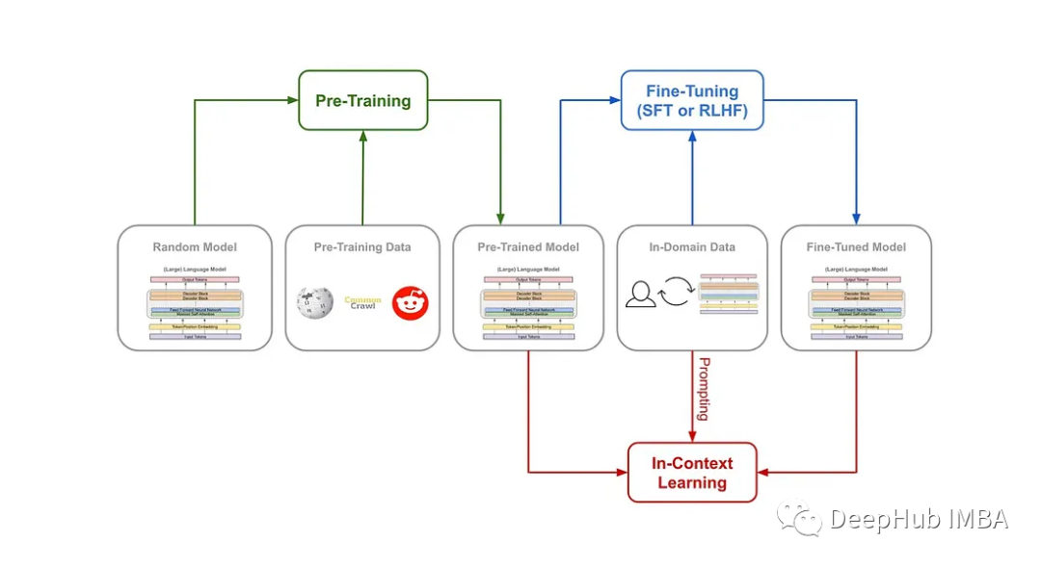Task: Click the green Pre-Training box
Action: click(x=362, y=100)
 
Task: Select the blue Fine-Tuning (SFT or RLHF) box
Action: click(x=691, y=101)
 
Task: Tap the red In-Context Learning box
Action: click(x=692, y=473)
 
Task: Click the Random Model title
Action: click(x=195, y=247)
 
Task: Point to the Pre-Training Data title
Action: click(x=362, y=247)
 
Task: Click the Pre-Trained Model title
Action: click(x=528, y=247)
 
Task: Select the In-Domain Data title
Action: click(x=692, y=247)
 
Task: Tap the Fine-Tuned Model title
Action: click(x=856, y=247)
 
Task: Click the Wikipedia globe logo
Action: click(x=315, y=303)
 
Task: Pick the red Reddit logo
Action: click(x=411, y=303)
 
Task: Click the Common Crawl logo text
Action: click(x=362, y=303)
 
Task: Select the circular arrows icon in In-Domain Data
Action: click(x=676, y=291)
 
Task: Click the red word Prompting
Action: click(x=704, y=388)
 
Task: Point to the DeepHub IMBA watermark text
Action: click(x=918, y=520)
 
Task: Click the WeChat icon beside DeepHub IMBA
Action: click(x=800, y=520)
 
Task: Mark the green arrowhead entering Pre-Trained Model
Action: click(x=500, y=219)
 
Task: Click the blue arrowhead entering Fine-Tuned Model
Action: click(x=856, y=219)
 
